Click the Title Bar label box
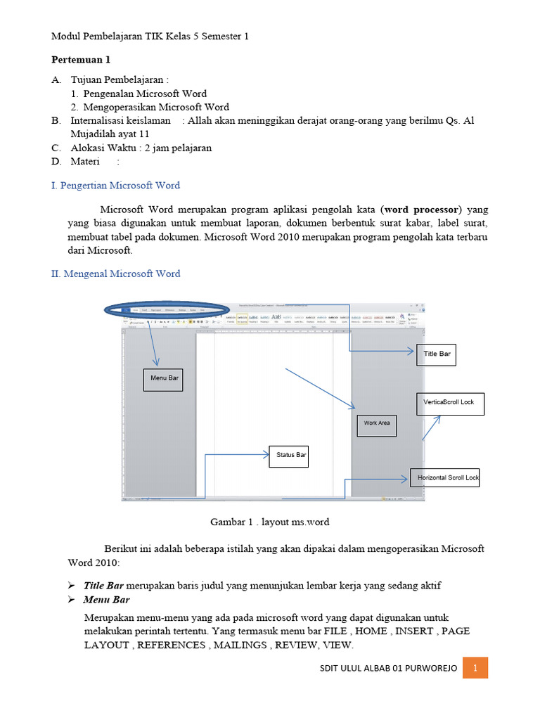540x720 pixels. point(436,354)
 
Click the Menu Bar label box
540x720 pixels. point(163,379)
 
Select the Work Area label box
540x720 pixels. point(376,424)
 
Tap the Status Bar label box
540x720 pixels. point(289,456)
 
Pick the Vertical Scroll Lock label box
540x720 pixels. point(450,404)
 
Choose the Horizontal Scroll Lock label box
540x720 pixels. point(445,478)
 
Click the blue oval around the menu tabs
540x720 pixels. point(166,310)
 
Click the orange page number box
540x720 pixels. point(475,667)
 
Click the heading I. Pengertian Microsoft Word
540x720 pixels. point(115,186)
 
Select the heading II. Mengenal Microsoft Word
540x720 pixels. point(115,274)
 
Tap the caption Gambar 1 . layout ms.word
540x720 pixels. point(270,522)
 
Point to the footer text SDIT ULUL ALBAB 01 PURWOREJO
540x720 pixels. point(387,668)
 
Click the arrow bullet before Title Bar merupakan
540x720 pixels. point(71,586)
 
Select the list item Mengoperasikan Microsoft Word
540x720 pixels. point(156,107)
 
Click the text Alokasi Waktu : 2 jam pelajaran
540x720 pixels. point(141,148)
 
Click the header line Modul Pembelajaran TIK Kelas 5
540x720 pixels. point(150,36)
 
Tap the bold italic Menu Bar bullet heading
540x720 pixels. point(106,600)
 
